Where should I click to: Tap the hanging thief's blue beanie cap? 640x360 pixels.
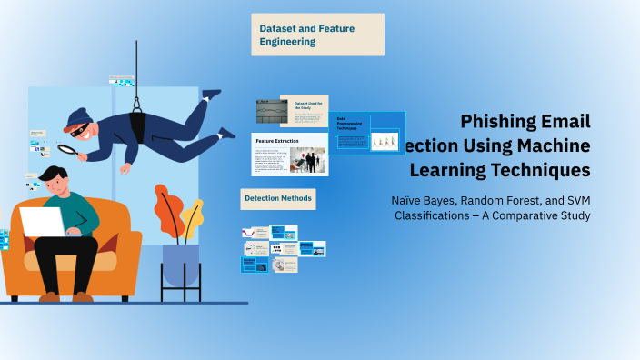click(76, 118)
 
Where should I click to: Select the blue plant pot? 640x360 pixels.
click(180, 265)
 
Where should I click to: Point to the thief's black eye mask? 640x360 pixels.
click(83, 130)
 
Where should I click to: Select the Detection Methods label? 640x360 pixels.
click(278, 197)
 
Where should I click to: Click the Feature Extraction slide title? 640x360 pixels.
click(278, 142)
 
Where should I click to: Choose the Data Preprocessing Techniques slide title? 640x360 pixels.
click(352, 125)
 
